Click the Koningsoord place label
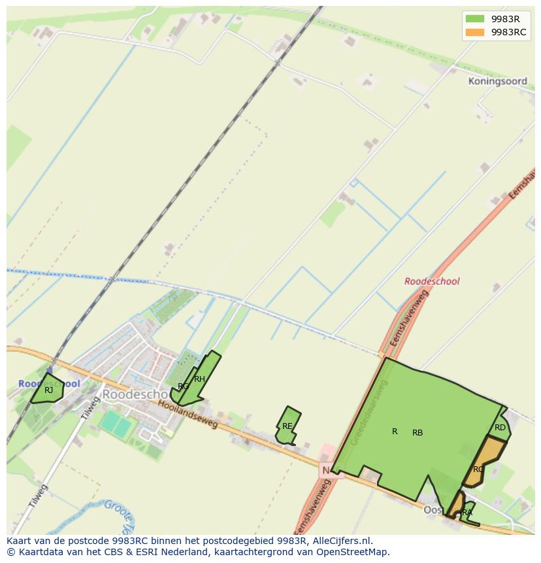(497, 82)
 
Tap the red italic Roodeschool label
(431, 281)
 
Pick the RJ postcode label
(48, 390)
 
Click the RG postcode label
(183, 386)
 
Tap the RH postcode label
(199, 379)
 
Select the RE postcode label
(287, 426)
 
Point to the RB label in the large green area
(418, 433)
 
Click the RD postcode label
(500, 428)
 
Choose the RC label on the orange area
(478, 469)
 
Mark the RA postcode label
(467, 513)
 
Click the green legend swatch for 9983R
(474, 19)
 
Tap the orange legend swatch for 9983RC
(474, 32)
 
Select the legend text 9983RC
(508, 32)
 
